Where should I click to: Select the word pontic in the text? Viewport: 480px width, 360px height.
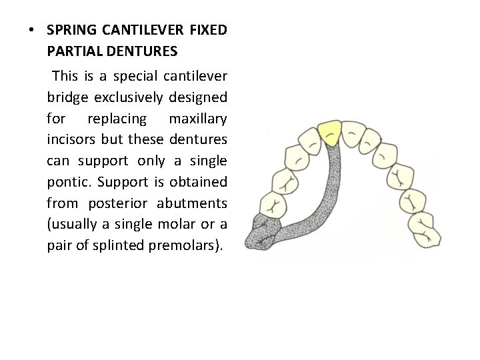[65, 182]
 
